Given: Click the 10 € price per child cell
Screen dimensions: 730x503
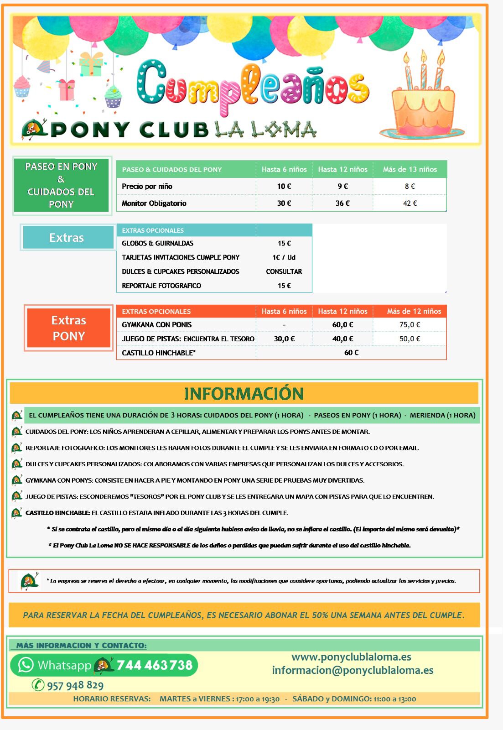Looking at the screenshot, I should coord(284,186).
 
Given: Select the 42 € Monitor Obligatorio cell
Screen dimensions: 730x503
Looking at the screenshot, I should coord(410,203).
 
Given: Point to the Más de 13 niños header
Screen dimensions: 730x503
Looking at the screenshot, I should coord(410,169).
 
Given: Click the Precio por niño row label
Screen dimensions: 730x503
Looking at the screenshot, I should coord(147,186).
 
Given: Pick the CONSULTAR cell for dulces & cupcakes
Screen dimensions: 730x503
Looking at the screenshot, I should coord(284,271).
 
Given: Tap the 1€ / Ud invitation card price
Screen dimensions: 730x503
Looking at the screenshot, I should coord(284,257).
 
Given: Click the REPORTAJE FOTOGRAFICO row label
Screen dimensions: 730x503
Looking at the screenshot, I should coord(161,286).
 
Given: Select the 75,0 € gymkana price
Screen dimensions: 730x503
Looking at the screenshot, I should coord(410,324).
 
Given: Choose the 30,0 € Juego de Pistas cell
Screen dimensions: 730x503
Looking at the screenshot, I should coord(284,339).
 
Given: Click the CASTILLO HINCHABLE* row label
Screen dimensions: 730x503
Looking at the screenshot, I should coord(159,353).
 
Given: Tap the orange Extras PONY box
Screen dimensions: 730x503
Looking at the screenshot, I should coord(68,328).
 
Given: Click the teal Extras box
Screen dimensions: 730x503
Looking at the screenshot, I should coord(67,238).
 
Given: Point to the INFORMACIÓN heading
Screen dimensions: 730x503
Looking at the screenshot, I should coord(244,393).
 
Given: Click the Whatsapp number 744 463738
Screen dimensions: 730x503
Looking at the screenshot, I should coord(155,665).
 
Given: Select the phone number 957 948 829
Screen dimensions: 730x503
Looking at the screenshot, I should coord(75,685).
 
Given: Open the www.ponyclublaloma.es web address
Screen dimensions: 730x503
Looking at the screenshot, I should coord(351,657).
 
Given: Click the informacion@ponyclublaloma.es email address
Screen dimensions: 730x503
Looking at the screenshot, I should coord(353,670).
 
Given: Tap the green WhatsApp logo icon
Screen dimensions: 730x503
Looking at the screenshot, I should coord(26,665).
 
